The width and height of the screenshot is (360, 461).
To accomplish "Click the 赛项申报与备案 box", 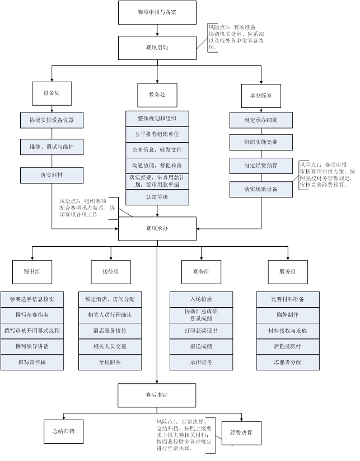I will [x=157, y=12].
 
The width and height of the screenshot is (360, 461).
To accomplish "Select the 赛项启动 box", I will [x=157, y=48].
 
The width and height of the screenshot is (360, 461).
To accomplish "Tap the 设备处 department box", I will [x=52, y=93].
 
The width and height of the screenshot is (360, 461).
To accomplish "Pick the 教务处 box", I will [x=157, y=95].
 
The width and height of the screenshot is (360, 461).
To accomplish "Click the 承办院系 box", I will [x=261, y=96].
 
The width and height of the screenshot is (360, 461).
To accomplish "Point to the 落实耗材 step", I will [x=52, y=175].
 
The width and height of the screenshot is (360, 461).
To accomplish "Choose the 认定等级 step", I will [x=157, y=197].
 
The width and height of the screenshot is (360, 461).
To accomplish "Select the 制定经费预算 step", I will [x=261, y=166].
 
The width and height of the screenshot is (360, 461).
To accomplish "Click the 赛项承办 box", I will [x=157, y=228].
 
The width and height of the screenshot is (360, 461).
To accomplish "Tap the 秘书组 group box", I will [x=32, y=271].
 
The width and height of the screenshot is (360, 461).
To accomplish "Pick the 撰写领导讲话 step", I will [x=32, y=346].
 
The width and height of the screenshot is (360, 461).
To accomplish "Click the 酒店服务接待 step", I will [x=110, y=331].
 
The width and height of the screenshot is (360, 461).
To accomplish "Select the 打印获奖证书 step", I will [x=201, y=331].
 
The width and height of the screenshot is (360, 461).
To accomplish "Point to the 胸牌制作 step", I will [x=288, y=315].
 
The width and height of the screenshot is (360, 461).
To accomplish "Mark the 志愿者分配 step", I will [x=288, y=362].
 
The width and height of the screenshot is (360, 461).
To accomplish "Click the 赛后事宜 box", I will [x=157, y=395].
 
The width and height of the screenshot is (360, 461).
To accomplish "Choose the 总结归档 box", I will [x=63, y=431].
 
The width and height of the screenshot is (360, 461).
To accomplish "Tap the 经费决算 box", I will [x=241, y=432].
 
